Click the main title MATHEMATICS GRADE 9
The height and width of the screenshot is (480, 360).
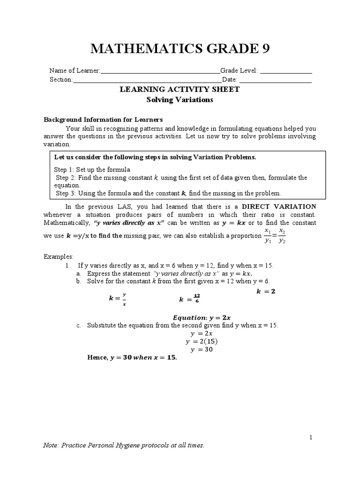(180, 49)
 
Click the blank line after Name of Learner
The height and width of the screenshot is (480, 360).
(160, 72)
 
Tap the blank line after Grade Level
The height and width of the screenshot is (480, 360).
(286, 72)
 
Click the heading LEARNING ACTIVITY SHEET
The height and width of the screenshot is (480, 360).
(180, 90)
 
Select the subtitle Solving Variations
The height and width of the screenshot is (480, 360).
(180, 99)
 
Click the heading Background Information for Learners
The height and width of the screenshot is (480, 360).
(103, 120)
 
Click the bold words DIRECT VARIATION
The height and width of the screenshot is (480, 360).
(278, 206)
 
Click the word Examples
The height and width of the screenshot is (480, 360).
(59, 257)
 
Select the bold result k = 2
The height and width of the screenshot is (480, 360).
(266, 291)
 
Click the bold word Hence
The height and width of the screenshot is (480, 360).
(97, 358)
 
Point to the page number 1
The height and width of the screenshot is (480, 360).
(310, 437)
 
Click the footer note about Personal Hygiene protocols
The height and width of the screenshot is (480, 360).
(124, 446)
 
